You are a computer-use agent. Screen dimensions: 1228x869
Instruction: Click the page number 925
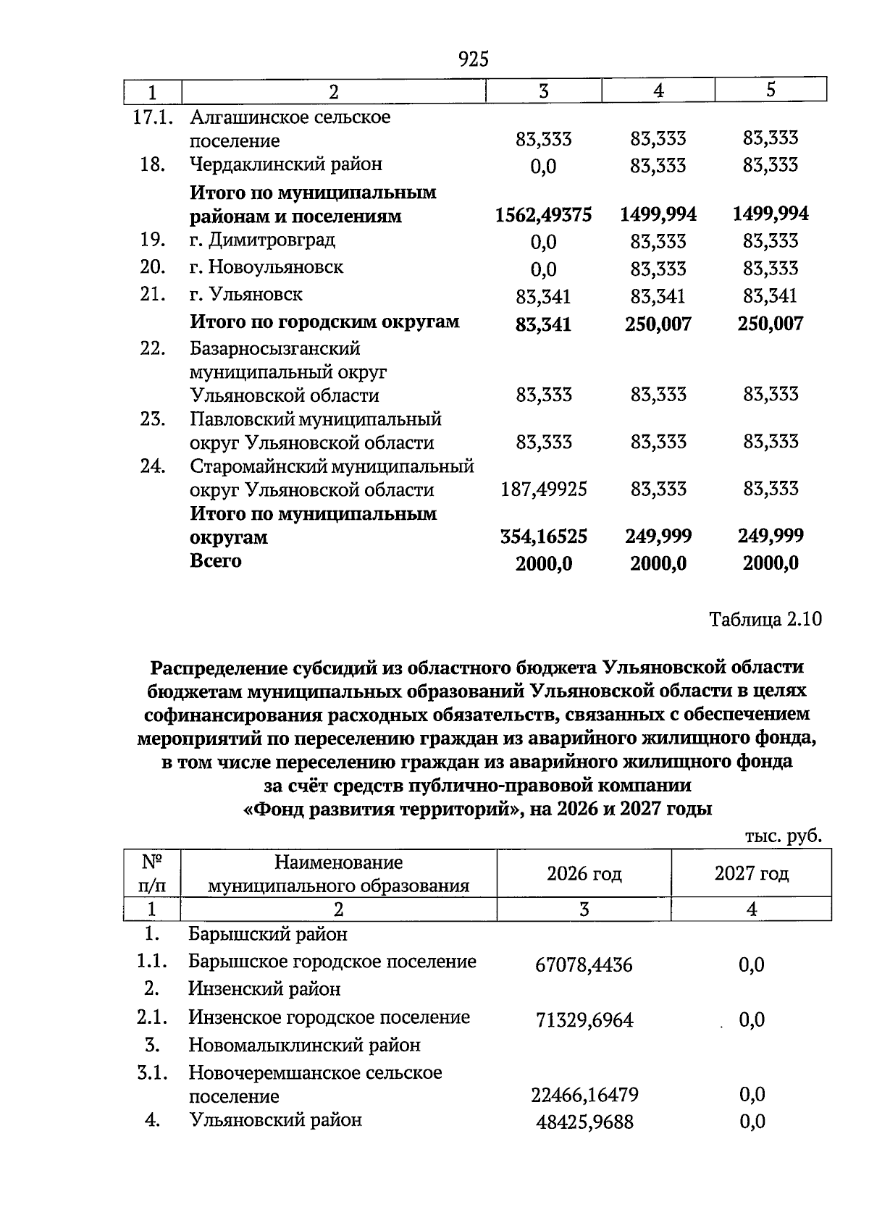[x=474, y=59]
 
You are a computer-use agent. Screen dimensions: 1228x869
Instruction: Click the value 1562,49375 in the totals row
[x=543, y=215]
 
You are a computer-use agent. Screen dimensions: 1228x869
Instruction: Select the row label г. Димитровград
[x=262, y=240]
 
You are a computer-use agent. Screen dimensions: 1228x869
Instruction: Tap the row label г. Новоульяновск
[x=266, y=267]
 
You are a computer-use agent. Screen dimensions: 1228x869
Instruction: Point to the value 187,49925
[x=543, y=490]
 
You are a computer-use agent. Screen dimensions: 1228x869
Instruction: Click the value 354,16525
[x=543, y=537]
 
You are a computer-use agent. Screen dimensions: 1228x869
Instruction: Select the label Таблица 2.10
[x=765, y=620]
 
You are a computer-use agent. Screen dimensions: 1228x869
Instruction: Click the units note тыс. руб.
[x=784, y=836]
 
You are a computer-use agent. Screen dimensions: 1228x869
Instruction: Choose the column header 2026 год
[x=584, y=874]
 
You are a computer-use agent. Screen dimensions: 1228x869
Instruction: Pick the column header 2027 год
[x=751, y=874]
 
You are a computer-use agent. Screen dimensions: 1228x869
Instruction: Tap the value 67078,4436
[x=584, y=965]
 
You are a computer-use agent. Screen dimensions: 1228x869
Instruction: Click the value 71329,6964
[x=584, y=1020]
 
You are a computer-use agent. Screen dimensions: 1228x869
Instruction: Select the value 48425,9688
[x=584, y=1122]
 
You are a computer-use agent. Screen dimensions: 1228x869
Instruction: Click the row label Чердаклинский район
[x=285, y=164]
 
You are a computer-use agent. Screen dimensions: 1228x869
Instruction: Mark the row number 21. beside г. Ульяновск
[x=153, y=295]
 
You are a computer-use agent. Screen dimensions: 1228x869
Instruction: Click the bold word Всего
[x=216, y=561]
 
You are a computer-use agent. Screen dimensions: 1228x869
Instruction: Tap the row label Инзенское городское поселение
[x=329, y=1017]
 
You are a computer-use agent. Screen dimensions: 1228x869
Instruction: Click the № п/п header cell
[x=152, y=874]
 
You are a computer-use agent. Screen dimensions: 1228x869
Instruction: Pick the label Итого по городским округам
[x=324, y=321]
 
